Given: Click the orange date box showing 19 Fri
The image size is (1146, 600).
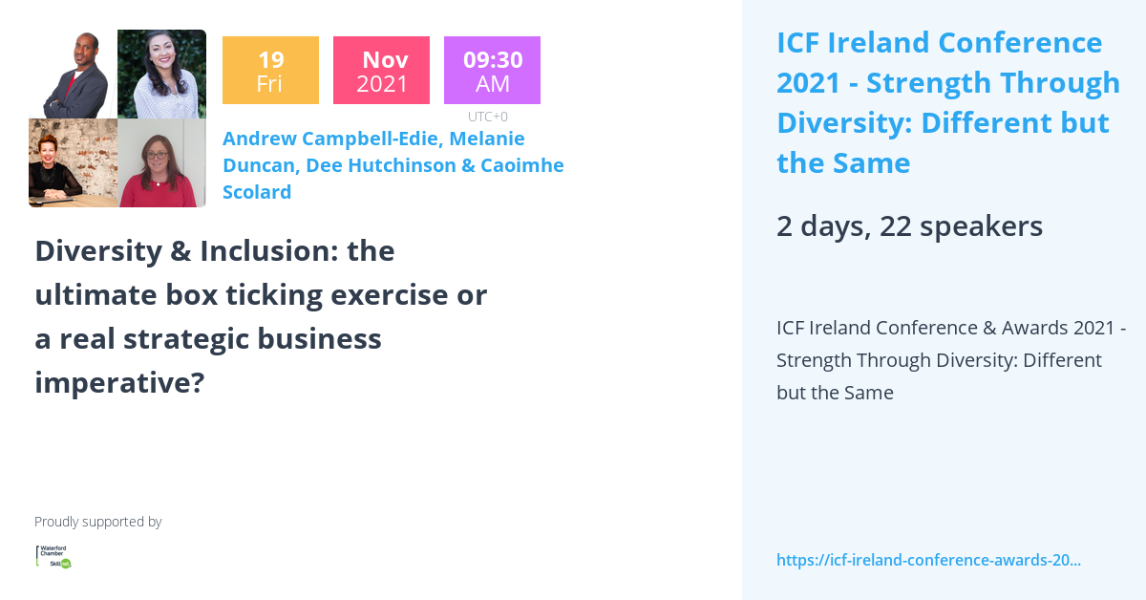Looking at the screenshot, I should [x=270, y=70].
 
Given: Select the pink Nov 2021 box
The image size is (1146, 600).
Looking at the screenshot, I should [x=381, y=70].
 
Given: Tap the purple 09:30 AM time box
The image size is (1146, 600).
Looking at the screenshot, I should [x=492, y=70].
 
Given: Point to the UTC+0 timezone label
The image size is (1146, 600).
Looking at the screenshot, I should [x=488, y=117].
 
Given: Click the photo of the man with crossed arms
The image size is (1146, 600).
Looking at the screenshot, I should [x=74, y=75].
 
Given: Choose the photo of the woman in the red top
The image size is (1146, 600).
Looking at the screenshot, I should [x=161, y=163].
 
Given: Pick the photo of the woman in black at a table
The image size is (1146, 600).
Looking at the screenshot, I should [x=74, y=163].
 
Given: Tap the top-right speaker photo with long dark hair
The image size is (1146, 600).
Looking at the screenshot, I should [x=161, y=75].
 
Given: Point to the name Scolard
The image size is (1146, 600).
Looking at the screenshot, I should [x=257, y=192].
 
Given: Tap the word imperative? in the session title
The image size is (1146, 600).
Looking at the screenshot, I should [x=119, y=383].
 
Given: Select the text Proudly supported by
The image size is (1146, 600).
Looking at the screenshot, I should [x=97, y=522].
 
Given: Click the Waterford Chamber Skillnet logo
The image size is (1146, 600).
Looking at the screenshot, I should [x=53, y=556].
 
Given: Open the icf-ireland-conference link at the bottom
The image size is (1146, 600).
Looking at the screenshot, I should [x=928, y=560].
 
